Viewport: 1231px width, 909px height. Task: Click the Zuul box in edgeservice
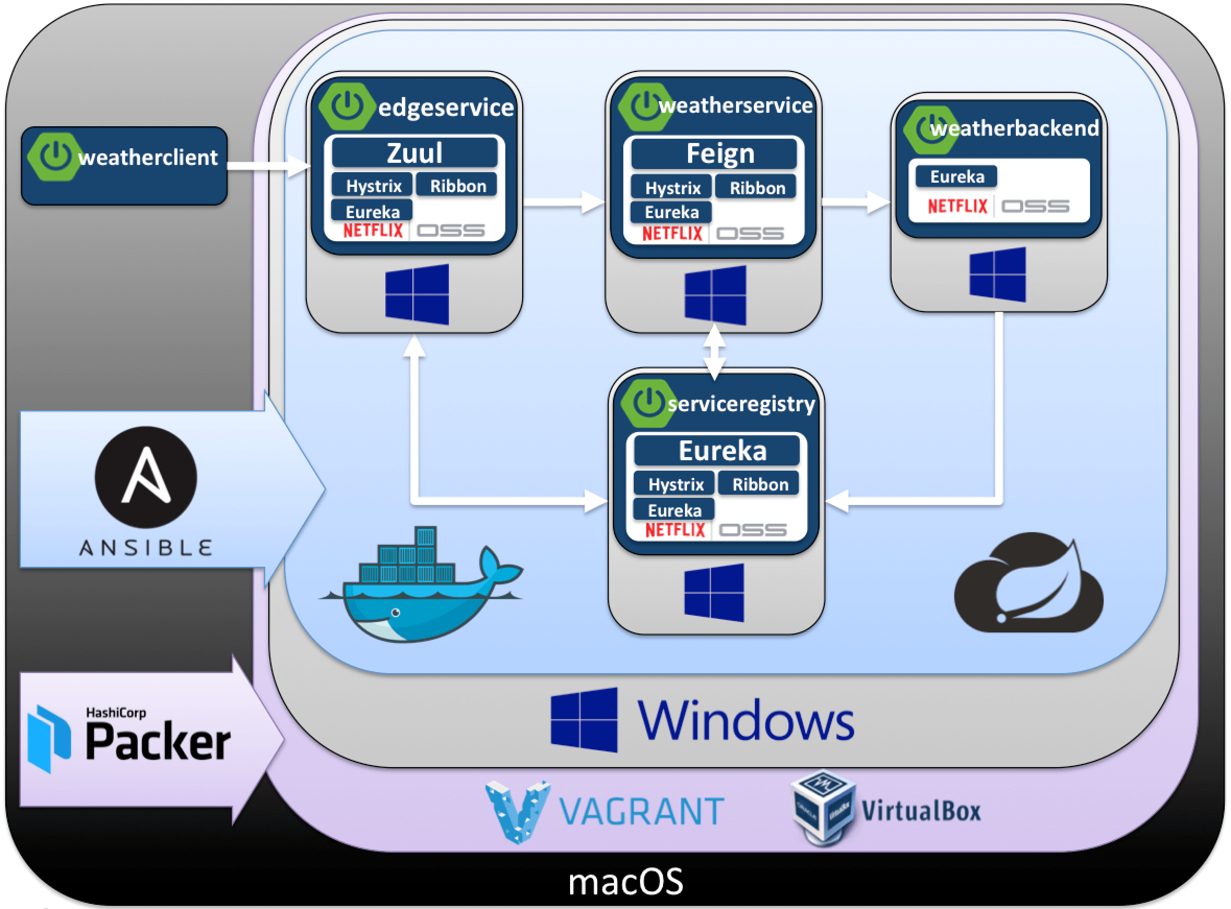tap(414, 153)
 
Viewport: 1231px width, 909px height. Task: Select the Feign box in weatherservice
tap(714, 153)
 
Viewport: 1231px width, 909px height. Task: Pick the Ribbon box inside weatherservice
tap(756, 188)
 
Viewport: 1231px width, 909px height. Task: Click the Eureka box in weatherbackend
tap(956, 176)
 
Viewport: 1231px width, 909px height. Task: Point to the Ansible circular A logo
tap(145, 477)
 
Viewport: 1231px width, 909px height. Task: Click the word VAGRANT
tap(642, 811)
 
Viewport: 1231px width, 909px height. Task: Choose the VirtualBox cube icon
tap(822, 807)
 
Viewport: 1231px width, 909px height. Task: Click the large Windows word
tap(745, 720)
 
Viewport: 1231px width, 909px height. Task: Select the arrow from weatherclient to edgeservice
tap(269, 165)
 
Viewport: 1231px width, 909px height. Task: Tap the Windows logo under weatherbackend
tap(997, 274)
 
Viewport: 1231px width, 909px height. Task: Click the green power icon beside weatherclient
tap(54, 157)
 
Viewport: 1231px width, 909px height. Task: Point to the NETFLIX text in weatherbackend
tap(957, 206)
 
